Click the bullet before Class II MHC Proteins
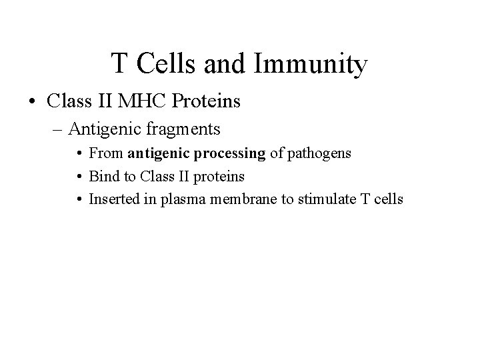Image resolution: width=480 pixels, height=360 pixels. pos(32,102)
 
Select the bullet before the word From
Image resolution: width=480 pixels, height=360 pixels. pos(79,154)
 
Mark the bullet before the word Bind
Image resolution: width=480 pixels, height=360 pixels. pos(79,177)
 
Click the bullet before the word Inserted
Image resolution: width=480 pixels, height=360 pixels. pos(79,199)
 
